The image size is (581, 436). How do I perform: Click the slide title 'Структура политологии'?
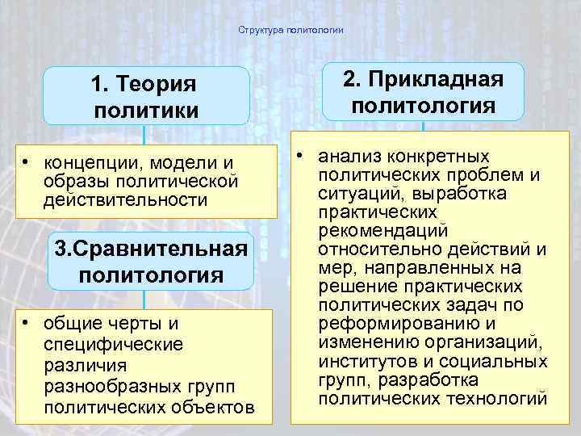coord(291,31)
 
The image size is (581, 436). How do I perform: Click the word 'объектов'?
coord(219,407)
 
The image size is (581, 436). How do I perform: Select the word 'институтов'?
coord(363,361)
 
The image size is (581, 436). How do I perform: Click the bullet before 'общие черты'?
coord(27,324)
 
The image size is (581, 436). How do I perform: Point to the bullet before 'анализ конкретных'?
coord(300,156)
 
